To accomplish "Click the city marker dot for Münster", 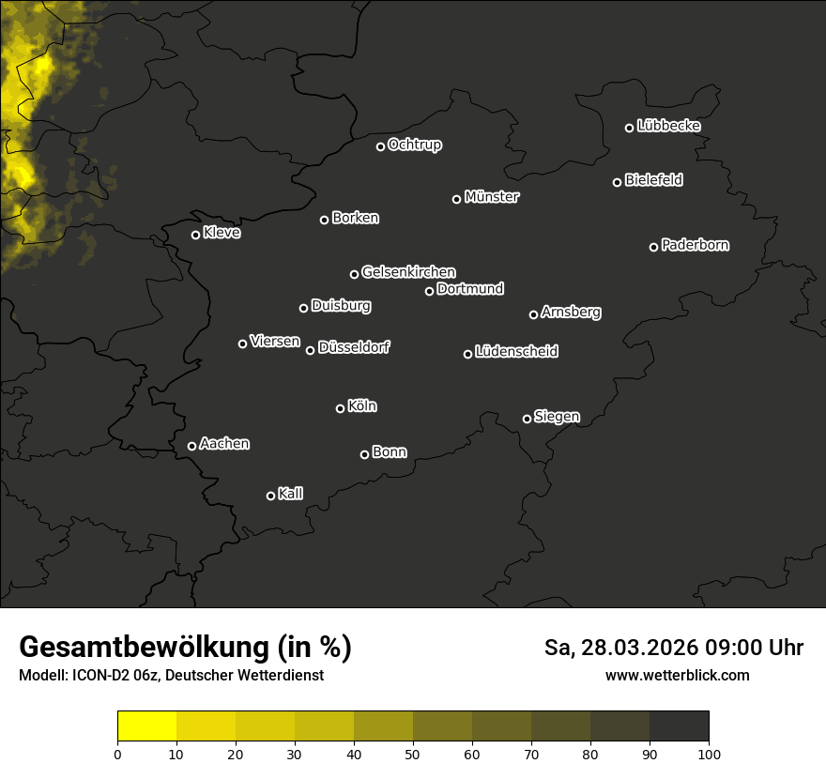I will click(457, 199).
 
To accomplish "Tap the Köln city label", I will click(362, 406).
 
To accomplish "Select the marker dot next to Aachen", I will click(192, 446).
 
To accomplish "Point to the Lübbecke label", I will click(668, 126).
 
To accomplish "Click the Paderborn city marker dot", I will click(654, 247).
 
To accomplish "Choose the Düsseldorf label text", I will click(354, 347).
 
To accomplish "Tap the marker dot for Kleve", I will click(196, 235).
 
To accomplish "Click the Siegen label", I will click(557, 417).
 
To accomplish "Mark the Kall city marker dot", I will click(271, 496).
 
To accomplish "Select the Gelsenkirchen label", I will click(408, 272).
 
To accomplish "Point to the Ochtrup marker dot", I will click(381, 146).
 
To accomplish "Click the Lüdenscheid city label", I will click(516, 352).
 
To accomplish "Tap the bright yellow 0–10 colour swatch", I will click(147, 726).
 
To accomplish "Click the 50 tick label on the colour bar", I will click(413, 754).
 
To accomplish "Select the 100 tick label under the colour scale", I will click(709, 754).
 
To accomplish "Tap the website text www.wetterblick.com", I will click(678, 675).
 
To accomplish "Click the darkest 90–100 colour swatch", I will click(679, 726).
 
